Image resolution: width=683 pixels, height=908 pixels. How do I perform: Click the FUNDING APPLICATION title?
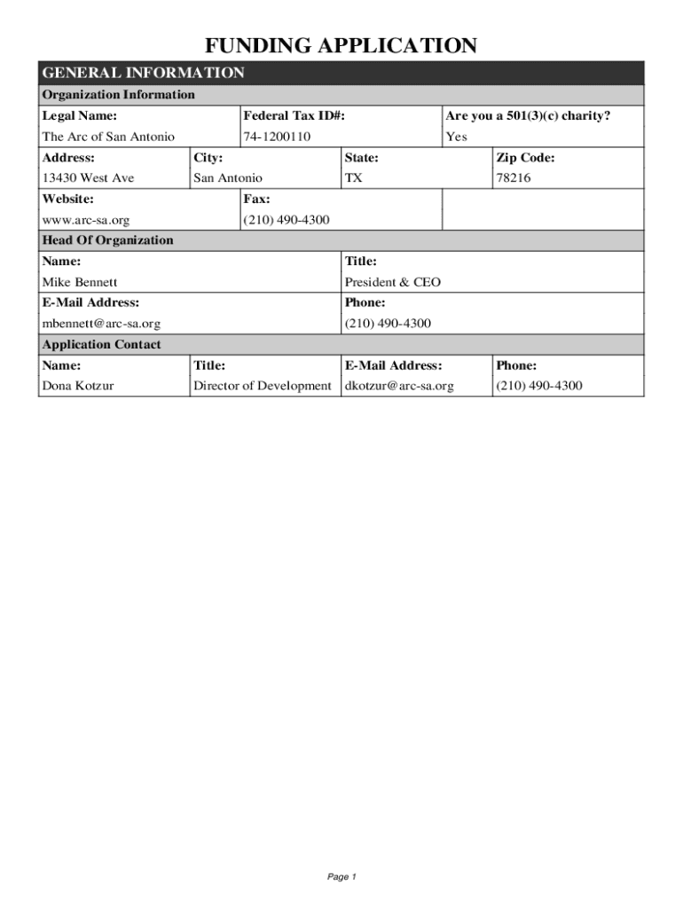[341, 46]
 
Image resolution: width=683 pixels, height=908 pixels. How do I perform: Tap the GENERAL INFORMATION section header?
[143, 73]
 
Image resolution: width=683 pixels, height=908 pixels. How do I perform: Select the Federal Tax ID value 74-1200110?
[277, 137]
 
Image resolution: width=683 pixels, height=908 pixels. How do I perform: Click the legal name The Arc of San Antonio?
[108, 137]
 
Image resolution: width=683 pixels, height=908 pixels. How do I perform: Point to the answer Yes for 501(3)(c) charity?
[456, 137]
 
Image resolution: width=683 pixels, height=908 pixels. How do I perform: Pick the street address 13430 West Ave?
[89, 178]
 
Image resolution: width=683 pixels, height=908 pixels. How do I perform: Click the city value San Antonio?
[228, 178]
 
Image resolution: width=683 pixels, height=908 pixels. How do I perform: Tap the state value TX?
[353, 178]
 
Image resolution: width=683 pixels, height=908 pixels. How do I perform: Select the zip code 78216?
[514, 178]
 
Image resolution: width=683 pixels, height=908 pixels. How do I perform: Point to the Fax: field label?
[256, 200]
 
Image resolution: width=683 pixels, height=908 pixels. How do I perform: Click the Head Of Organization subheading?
[108, 240]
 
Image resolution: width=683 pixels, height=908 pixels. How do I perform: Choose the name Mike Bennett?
[80, 282]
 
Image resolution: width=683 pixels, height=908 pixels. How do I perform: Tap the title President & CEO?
[392, 282]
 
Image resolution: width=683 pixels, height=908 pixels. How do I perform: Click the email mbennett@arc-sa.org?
[102, 324]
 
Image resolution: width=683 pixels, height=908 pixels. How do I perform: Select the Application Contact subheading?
[102, 344]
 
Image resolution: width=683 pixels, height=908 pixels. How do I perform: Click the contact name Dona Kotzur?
[78, 386]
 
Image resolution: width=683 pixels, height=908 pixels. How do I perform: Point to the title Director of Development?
[263, 386]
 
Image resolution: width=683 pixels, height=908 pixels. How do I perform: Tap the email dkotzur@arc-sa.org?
[399, 386]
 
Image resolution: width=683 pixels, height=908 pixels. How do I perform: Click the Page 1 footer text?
[341, 877]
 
